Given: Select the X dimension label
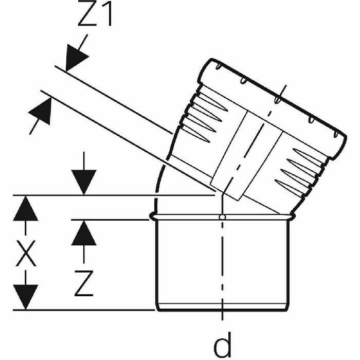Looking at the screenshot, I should coord(25,252).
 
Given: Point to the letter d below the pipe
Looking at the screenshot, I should coord(222,345).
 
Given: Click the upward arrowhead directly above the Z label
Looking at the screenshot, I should coord(83,235).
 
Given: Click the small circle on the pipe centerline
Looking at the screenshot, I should coord(222,218).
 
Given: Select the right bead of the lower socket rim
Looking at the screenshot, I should coord(292,218).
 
